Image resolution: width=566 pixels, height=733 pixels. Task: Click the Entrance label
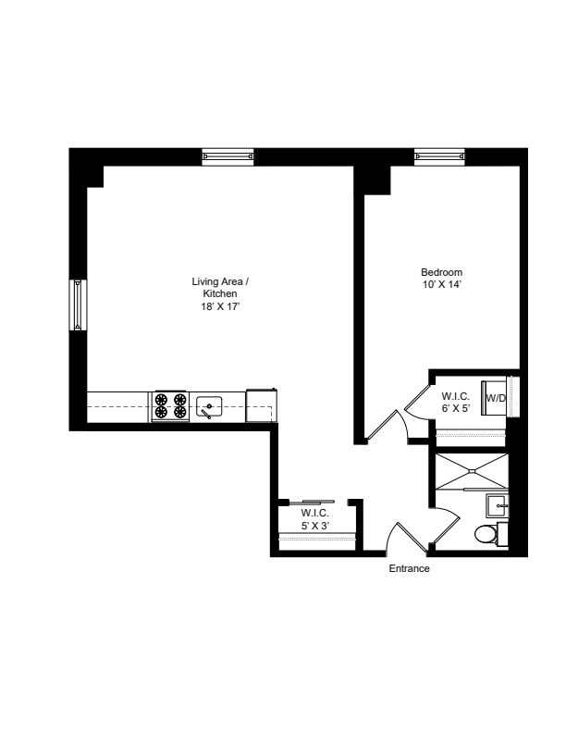[409, 568]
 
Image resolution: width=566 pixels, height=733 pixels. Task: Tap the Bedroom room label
[442, 272]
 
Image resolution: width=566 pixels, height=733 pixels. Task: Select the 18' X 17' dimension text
[220, 306]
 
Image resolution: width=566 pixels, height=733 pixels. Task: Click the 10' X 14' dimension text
[442, 284]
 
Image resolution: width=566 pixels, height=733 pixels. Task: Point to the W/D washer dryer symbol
[494, 398]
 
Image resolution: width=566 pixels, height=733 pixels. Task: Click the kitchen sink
[209, 406]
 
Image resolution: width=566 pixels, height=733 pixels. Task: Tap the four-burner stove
[170, 405]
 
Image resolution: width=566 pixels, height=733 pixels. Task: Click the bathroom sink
[498, 506]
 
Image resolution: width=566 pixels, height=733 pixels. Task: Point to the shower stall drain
[472, 471]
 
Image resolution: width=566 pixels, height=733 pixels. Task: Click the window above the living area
[228, 157]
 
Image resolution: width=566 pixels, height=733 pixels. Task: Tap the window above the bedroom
[439, 157]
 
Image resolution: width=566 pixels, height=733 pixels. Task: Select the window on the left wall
[78, 304]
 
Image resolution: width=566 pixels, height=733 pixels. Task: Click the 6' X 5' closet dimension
[455, 408]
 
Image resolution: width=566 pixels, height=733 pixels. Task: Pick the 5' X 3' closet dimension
[315, 526]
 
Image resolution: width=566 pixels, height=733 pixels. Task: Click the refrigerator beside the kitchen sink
[262, 405]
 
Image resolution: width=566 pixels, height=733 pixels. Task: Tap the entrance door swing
[404, 538]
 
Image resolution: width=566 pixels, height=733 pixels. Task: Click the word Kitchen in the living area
[220, 293]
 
